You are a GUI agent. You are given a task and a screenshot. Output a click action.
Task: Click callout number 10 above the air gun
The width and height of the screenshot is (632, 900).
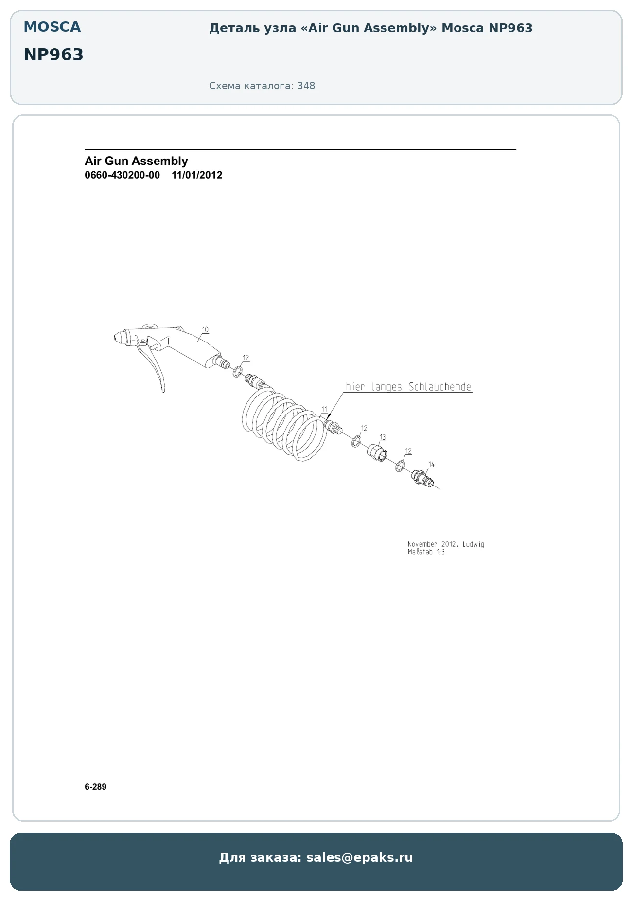tap(205, 330)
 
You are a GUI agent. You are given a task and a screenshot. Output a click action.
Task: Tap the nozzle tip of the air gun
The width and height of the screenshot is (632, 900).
tap(115, 337)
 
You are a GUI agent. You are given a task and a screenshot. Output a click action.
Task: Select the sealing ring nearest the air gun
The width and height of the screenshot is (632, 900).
tap(238, 372)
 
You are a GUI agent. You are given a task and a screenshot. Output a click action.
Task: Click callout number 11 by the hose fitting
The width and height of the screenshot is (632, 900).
tap(324, 409)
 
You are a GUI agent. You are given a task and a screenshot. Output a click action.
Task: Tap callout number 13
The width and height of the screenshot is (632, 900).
tap(383, 437)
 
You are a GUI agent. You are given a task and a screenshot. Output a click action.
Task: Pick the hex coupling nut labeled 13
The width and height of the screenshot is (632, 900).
tap(377, 452)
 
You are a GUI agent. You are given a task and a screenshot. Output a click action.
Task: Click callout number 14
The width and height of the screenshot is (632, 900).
tap(431, 465)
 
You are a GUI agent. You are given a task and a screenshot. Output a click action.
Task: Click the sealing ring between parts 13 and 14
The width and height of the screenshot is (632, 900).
tap(400, 466)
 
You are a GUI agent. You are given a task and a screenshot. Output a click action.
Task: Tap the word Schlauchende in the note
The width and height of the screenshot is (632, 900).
tap(440, 387)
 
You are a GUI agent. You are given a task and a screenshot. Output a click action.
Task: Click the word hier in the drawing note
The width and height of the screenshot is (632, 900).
tap(355, 387)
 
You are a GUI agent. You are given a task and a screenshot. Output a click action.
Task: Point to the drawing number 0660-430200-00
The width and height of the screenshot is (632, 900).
tap(122, 175)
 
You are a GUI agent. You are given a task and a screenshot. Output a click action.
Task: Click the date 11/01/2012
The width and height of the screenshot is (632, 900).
tap(197, 175)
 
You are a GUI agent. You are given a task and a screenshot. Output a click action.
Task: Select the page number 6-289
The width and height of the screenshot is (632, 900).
tap(95, 787)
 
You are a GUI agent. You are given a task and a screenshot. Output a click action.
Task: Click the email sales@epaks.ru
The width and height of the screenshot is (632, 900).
tap(359, 857)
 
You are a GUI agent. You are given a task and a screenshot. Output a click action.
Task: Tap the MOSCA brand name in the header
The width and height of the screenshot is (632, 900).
tap(52, 27)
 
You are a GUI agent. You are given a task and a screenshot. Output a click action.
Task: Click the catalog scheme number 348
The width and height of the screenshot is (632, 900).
tap(306, 86)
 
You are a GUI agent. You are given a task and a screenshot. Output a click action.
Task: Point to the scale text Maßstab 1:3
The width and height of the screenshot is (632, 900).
tap(426, 552)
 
